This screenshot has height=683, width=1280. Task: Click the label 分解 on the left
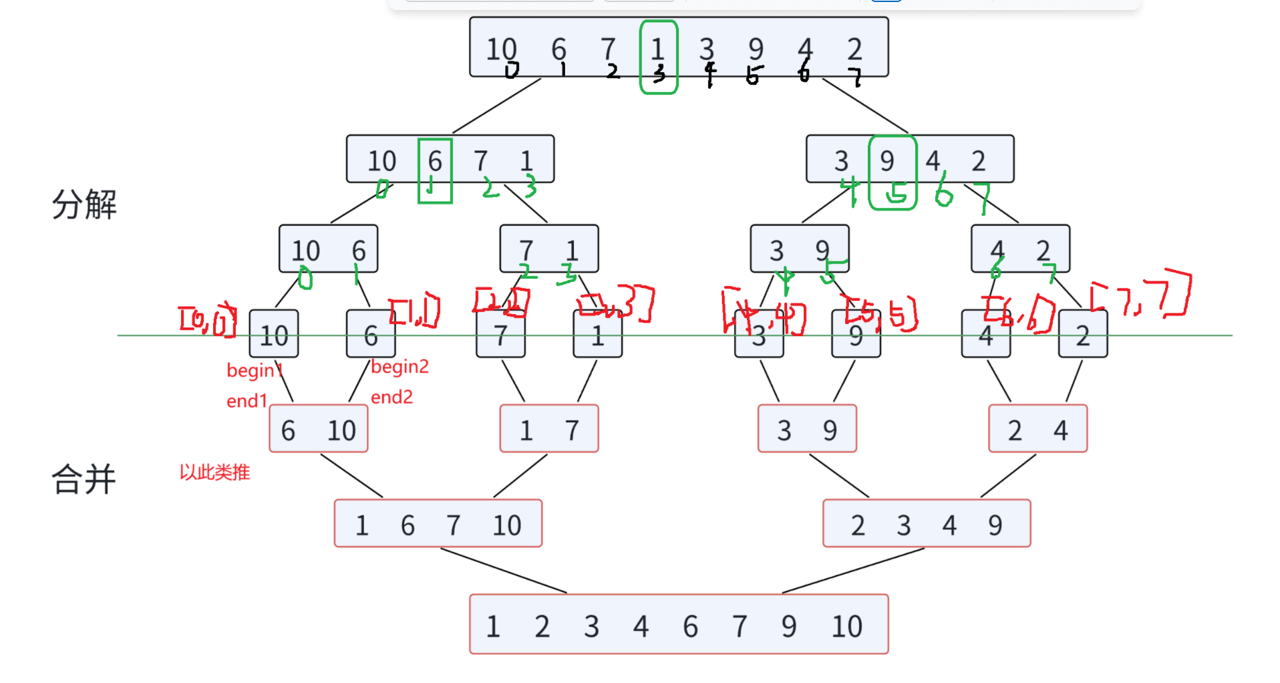coord(84,204)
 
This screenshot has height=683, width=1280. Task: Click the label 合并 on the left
coord(84,479)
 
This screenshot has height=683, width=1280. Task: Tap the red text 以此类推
coord(214,472)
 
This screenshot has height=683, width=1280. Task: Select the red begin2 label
coord(399,366)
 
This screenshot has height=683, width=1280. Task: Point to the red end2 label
coord(391,397)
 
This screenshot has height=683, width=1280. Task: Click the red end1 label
coord(247,401)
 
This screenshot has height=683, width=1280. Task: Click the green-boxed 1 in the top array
coord(658,49)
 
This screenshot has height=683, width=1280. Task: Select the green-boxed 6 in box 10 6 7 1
coord(435,161)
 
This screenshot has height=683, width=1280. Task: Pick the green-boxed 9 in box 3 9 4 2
coord(887,161)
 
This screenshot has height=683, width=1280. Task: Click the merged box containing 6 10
coord(318,430)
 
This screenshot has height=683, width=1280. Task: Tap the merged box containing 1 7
coord(548,430)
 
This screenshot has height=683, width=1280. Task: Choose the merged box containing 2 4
coord(1037,430)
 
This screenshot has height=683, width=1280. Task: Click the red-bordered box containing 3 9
coord(807,430)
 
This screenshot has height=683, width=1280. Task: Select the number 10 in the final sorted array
coord(846,626)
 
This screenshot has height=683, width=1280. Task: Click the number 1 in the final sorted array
coord(493,626)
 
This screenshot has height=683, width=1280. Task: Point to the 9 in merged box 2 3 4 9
coord(995,525)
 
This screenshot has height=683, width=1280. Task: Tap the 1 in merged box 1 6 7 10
coord(362,525)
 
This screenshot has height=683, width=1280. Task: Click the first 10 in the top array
coord(501,49)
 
